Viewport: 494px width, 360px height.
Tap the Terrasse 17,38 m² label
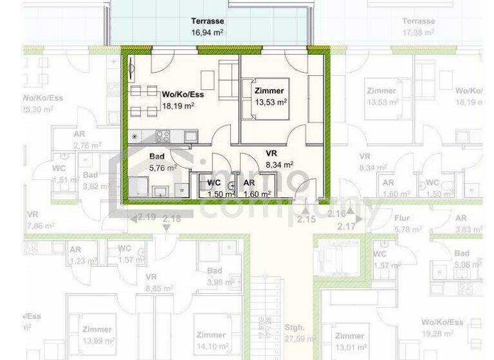point(418,26)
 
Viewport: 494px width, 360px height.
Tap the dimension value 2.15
point(306,220)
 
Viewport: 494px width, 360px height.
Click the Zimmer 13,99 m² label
point(97,335)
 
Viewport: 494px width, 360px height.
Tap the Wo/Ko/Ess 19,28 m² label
point(442,328)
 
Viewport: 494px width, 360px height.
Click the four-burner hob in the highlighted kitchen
point(163,136)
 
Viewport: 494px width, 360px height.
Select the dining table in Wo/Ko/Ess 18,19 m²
point(142,102)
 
